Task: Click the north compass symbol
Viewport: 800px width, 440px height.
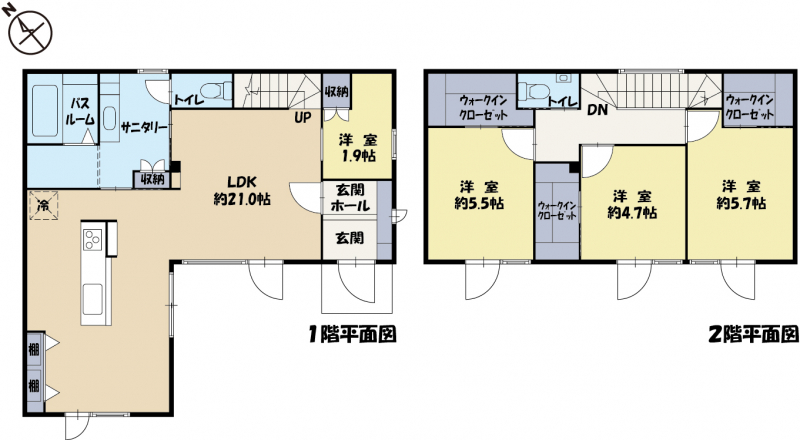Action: coord(30,32)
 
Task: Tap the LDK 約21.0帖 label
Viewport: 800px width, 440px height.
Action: coord(242,190)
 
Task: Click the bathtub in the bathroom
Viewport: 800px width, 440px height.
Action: coord(45,111)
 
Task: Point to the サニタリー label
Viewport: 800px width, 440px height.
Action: coord(144,128)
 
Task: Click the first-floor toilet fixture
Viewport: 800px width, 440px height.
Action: coord(214,90)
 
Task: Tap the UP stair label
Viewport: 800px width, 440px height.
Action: coord(302,117)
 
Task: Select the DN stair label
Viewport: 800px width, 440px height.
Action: coord(597,109)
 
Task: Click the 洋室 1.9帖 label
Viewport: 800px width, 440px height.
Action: coord(358,148)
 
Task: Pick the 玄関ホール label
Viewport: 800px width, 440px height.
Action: coord(350,198)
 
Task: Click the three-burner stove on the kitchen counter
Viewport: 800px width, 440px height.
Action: coord(92,239)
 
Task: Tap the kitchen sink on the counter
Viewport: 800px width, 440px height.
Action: coord(93,299)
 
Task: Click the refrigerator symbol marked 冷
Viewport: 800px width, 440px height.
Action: coord(43,206)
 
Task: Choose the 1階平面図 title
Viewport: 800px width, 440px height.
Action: coord(353,335)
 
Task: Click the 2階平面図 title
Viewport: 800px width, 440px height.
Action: coord(754,335)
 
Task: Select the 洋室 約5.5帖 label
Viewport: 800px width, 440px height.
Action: coord(479,195)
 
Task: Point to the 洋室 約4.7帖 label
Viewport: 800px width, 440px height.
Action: coord(632,205)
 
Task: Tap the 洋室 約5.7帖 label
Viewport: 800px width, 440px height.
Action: coord(741,195)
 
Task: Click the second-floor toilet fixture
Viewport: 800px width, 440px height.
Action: coord(533,91)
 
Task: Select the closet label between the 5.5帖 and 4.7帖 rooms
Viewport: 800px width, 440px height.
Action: coord(557,210)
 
